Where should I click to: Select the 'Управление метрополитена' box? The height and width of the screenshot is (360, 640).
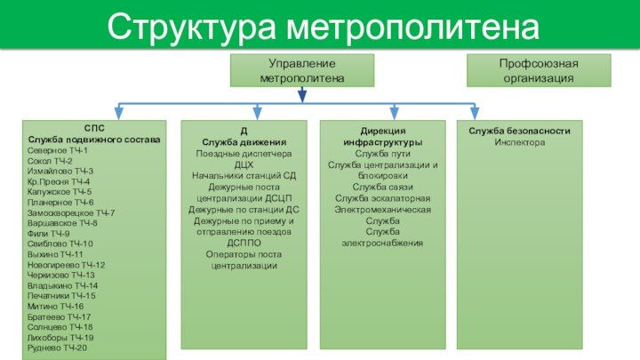(x=302, y=71)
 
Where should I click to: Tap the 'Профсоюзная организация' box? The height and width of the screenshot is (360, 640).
(x=538, y=71)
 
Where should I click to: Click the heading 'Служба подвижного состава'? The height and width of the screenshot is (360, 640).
(x=94, y=140)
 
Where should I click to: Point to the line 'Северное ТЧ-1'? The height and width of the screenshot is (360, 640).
(x=59, y=151)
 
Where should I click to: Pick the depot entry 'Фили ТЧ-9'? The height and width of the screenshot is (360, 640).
(x=49, y=234)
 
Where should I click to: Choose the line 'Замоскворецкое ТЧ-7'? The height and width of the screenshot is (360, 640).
(x=71, y=213)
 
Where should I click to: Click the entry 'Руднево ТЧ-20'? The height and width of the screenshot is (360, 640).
(x=58, y=348)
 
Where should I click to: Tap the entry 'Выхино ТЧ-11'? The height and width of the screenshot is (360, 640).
(x=55, y=254)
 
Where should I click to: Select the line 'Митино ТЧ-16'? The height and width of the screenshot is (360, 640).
(x=55, y=306)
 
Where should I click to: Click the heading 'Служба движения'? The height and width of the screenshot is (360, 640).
(x=244, y=142)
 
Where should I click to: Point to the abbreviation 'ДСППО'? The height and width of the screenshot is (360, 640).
(x=244, y=243)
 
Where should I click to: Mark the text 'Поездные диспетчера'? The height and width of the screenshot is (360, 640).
(x=244, y=153)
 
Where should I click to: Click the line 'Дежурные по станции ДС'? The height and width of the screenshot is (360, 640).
(x=244, y=210)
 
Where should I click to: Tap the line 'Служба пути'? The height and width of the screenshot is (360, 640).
(x=382, y=153)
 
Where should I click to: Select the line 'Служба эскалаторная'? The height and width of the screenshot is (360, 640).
(x=382, y=198)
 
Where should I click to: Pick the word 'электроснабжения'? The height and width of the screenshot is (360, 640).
(x=382, y=243)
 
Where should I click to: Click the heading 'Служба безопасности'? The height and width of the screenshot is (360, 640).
(x=519, y=132)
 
